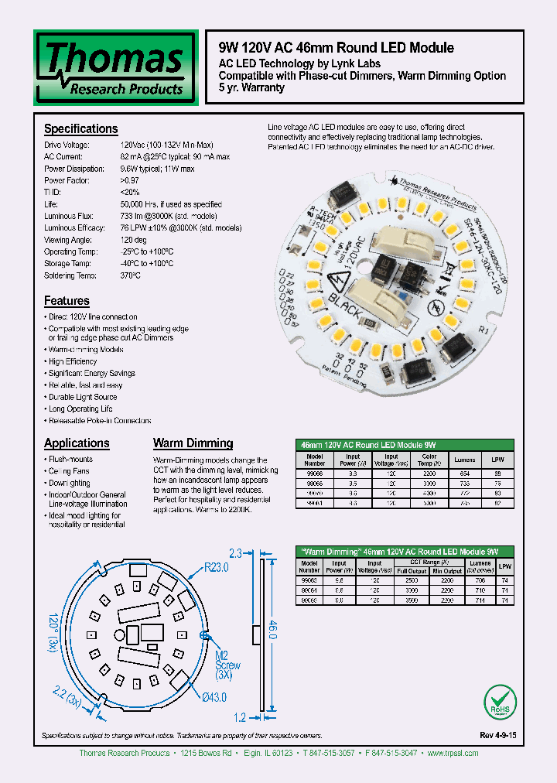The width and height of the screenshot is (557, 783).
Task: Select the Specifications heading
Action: click(80, 129)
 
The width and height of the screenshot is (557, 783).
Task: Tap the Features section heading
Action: click(67, 301)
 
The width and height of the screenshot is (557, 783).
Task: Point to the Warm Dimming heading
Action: click(193, 443)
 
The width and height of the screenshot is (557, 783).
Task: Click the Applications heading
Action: click(77, 443)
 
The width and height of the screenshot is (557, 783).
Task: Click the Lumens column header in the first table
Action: click(464, 459)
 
